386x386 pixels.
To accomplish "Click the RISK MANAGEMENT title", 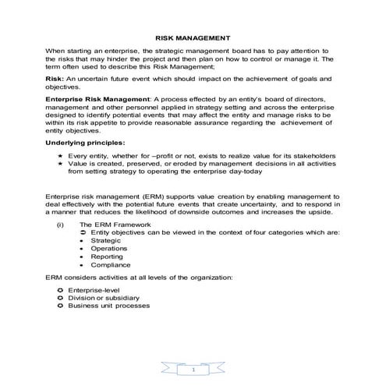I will coord(192,37).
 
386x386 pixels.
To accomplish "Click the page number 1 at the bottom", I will coord(193,370).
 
